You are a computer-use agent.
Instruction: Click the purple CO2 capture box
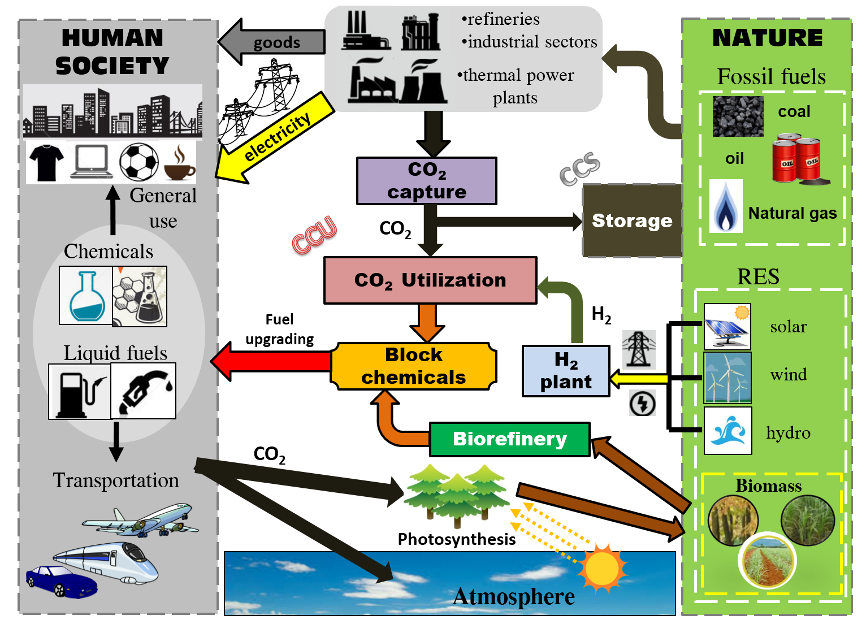(x=427, y=181)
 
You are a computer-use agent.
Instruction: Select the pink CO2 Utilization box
(x=430, y=280)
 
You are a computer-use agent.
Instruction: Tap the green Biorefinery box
(x=509, y=439)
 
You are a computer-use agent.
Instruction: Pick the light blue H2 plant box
(x=566, y=371)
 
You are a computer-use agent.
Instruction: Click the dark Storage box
(x=632, y=220)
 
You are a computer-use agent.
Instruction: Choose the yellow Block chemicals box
(x=414, y=366)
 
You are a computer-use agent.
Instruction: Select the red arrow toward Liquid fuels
(x=271, y=361)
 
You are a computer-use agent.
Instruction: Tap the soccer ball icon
(x=139, y=162)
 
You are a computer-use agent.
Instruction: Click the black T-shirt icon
(x=46, y=162)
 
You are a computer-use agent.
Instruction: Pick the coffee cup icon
(x=179, y=164)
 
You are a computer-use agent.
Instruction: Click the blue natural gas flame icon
(x=726, y=207)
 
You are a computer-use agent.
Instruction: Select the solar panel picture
(x=728, y=327)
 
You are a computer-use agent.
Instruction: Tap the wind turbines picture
(x=728, y=378)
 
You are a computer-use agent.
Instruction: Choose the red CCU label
(x=314, y=235)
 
